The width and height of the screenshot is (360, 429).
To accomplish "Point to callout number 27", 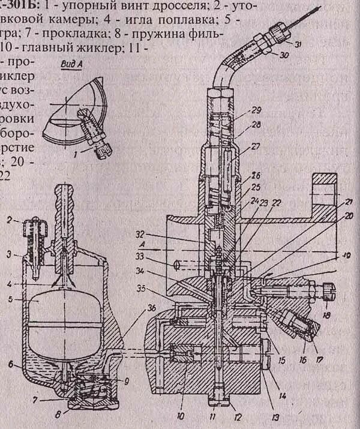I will (256, 146).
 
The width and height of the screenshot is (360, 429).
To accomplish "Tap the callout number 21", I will (348, 202).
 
